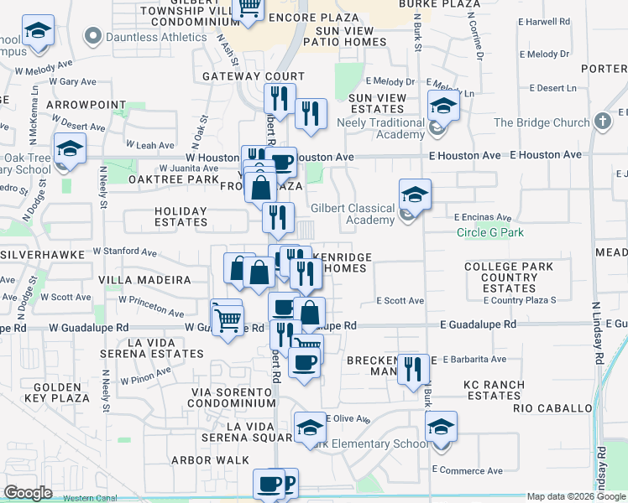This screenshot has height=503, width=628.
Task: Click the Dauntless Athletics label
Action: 155,37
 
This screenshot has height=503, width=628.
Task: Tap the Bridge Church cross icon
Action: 601,122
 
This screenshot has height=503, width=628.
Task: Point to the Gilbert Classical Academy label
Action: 353,214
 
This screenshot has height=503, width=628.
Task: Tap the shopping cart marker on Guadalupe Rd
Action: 227,319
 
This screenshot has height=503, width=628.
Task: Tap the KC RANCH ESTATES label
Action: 495,390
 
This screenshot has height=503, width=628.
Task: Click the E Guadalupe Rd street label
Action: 477,324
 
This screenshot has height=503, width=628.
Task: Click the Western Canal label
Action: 89,498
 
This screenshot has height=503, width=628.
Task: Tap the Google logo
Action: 28,493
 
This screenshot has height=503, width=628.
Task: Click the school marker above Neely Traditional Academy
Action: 442,106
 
